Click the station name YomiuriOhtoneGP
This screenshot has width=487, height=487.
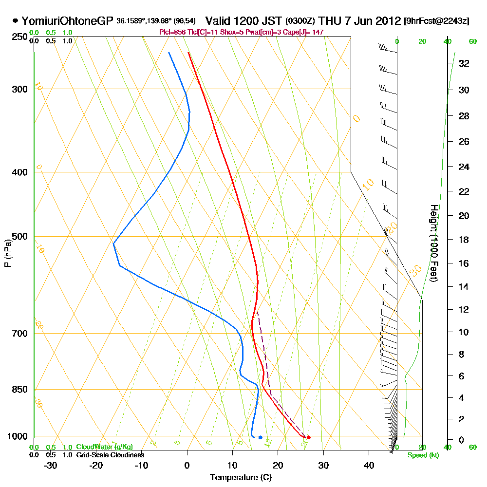pyautogui.click(x=68, y=21)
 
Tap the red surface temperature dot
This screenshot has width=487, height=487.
pyautogui.click(x=309, y=437)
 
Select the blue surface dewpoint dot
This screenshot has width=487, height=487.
pyautogui.click(x=261, y=437)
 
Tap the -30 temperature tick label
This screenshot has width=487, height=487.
pyautogui.click(x=51, y=465)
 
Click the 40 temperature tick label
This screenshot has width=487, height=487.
pyautogui.click(x=369, y=465)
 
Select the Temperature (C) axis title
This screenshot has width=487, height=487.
pyautogui.click(x=241, y=478)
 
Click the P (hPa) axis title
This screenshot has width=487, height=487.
pyautogui.click(x=7, y=253)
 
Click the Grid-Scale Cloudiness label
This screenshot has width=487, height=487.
pyautogui.click(x=110, y=455)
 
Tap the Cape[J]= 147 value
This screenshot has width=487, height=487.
pyautogui.click(x=306, y=32)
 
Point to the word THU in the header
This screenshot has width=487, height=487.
pyautogui.click(x=330, y=21)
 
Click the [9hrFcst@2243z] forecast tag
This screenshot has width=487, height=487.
pyautogui.click(x=436, y=21)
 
